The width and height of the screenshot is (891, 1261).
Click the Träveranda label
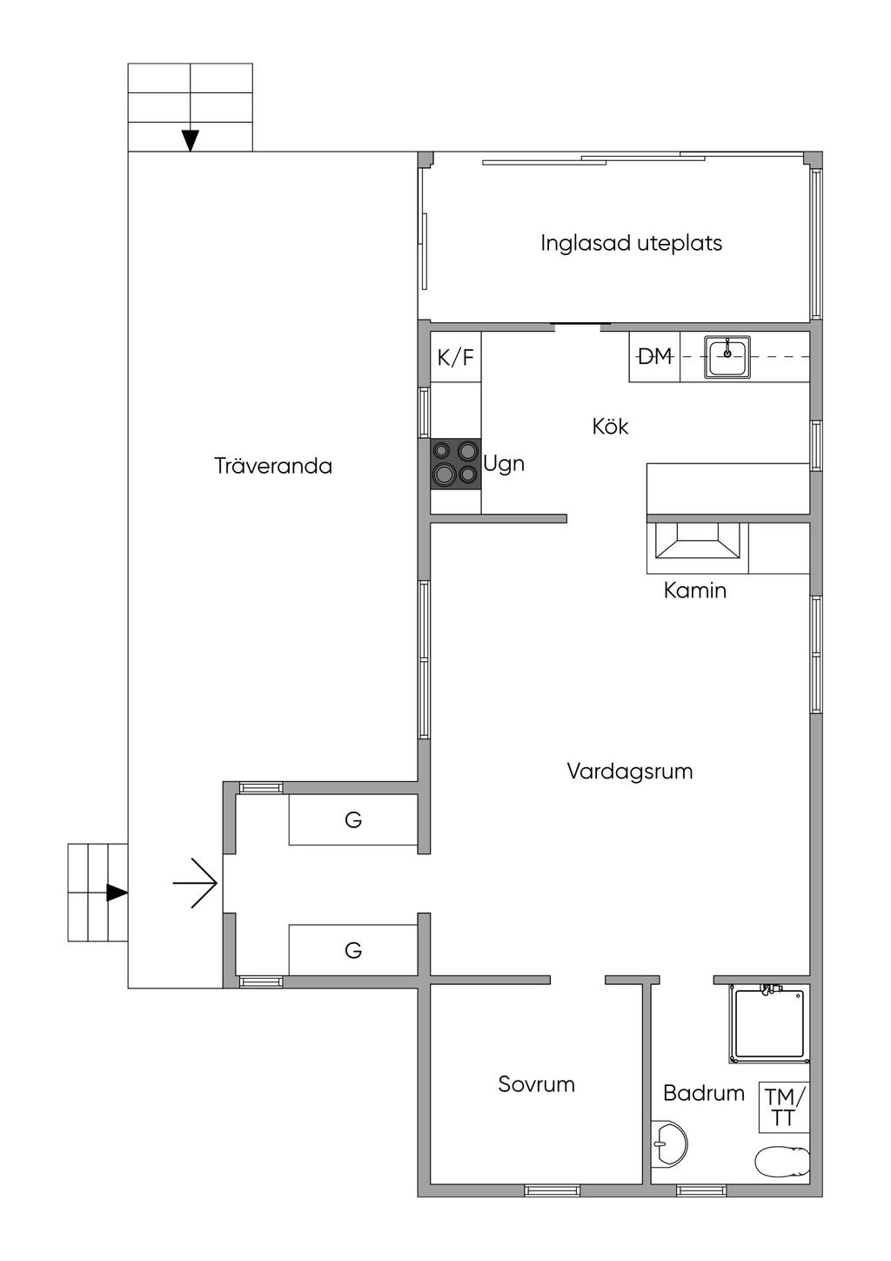point(273,466)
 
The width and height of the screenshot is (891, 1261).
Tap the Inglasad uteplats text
point(631,243)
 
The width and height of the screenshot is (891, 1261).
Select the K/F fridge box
point(456,357)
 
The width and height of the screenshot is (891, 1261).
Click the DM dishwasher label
point(654,356)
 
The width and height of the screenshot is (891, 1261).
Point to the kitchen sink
point(727,357)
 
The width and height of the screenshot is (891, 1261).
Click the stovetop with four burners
point(456,463)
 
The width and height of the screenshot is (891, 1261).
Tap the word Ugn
point(504,464)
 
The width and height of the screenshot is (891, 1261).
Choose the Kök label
point(610,426)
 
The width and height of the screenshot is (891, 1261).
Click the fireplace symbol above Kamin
point(698,548)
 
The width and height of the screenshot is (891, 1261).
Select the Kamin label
point(695,590)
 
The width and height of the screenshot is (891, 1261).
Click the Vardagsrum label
point(630,772)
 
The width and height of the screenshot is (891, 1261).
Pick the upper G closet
point(353,819)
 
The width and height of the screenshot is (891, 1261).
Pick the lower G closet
point(353,950)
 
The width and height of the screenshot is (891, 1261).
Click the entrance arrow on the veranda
point(195,883)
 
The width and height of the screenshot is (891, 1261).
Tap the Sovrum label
point(537,1084)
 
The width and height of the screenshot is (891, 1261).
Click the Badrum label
point(704,1093)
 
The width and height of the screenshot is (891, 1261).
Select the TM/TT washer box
point(785,1108)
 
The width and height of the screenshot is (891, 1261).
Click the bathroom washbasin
point(669,1143)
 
